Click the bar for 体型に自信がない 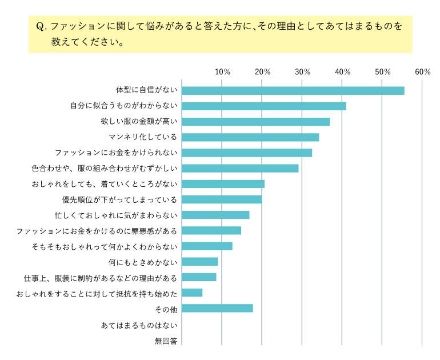point(293,90)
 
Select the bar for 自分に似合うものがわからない point(263,106)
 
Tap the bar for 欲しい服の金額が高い point(255,122)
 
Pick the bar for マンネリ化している point(250,137)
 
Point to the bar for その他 point(217,309)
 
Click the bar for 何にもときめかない point(199,262)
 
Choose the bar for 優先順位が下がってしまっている point(222,199)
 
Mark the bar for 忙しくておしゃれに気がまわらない point(215,215)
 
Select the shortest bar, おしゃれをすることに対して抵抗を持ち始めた point(192,293)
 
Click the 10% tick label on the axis point(222,72)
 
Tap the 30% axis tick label point(302,72)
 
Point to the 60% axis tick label point(423,72)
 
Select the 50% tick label point(382,72)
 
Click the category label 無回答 point(166,341)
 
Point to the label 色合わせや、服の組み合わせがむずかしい point(104,169)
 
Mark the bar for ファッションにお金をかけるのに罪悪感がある point(211,230)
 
